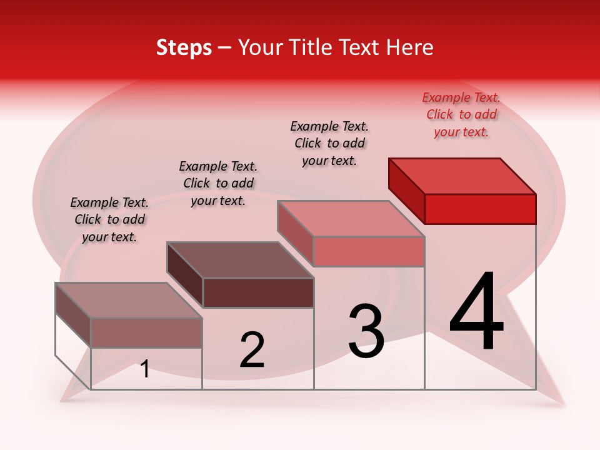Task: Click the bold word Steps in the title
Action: click(184, 48)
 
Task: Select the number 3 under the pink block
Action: click(366, 331)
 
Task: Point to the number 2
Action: click(252, 350)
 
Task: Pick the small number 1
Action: click(145, 369)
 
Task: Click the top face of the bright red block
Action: click(462, 176)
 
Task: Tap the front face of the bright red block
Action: click(480, 209)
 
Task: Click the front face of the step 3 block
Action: click(369, 252)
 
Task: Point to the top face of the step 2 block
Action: click(240, 260)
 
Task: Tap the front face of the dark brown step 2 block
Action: click(258, 292)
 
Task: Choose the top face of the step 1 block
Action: click(129, 301)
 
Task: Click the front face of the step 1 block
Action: click(146, 332)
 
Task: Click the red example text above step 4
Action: click(461, 114)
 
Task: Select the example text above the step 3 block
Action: click(329, 143)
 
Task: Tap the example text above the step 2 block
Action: click(218, 183)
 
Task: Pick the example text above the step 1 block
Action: click(109, 219)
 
